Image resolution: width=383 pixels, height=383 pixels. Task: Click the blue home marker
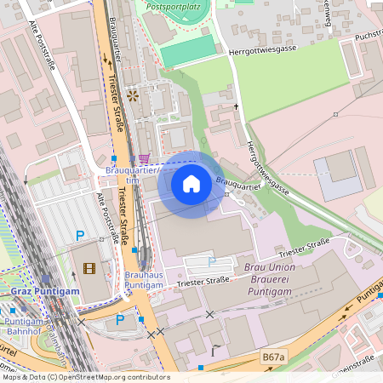[x=191, y=184]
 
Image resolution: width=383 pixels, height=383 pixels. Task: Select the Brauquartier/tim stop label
[x=132, y=175]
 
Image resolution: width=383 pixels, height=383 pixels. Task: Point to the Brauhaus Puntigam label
[x=144, y=280]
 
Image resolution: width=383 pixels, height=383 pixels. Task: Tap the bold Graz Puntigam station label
[x=44, y=291]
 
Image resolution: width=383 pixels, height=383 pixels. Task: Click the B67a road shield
[x=272, y=357]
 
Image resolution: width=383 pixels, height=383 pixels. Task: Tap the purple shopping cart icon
[x=145, y=158]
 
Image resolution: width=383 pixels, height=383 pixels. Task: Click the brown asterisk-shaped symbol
[x=132, y=96]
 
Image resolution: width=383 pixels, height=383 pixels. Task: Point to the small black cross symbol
[x=237, y=106]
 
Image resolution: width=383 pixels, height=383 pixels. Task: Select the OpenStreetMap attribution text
[x=86, y=377]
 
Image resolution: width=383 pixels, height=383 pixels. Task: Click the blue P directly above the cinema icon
[x=80, y=236]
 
